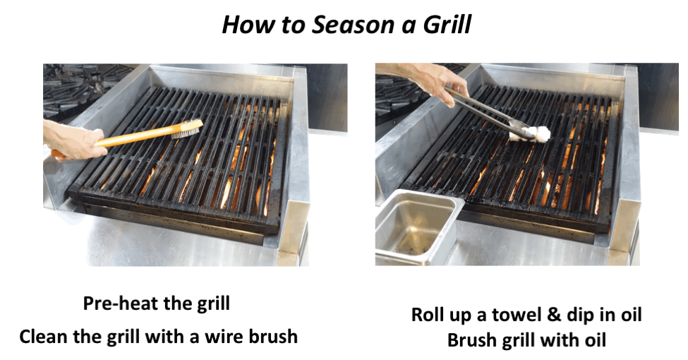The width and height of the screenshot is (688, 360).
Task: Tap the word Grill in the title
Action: pos(447,25)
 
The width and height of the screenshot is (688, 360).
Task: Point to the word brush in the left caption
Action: pos(273,337)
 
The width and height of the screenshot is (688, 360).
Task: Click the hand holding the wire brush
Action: pos(71,141)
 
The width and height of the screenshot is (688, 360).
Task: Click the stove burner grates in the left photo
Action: pos(83,88)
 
